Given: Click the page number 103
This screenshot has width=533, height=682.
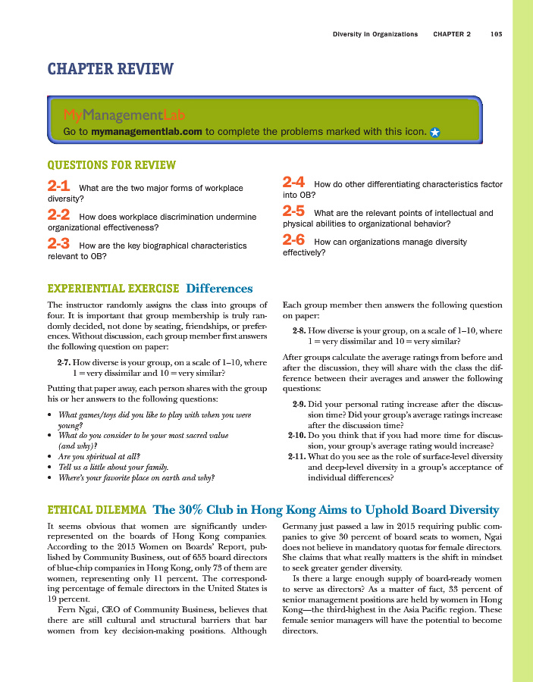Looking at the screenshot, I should click(x=497, y=34).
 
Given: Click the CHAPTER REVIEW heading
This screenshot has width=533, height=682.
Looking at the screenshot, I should click(x=110, y=70).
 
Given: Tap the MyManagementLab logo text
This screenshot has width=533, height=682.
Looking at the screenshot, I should click(x=124, y=115).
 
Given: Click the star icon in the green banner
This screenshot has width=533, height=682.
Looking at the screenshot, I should click(x=435, y=132).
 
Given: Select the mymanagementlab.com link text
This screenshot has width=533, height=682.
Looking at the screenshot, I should click(x=146, y=131).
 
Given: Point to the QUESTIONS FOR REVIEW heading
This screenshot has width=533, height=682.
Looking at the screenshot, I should click(x=111, y=165).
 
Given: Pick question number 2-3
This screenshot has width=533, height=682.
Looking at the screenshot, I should click(x=59, y=245).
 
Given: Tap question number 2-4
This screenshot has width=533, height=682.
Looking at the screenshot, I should click(x=293, y=183).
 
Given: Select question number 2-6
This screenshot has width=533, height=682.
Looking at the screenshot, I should click(x=293, y=241).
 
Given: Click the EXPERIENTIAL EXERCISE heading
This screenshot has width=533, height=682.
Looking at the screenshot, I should click(x=113, y=289).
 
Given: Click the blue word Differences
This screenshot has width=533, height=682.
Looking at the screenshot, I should click(x=219, y=289).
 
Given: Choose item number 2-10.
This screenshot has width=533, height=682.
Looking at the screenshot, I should click(x=296, y=436).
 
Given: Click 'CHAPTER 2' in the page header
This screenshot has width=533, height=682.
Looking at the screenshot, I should click(x=452, y=34).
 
